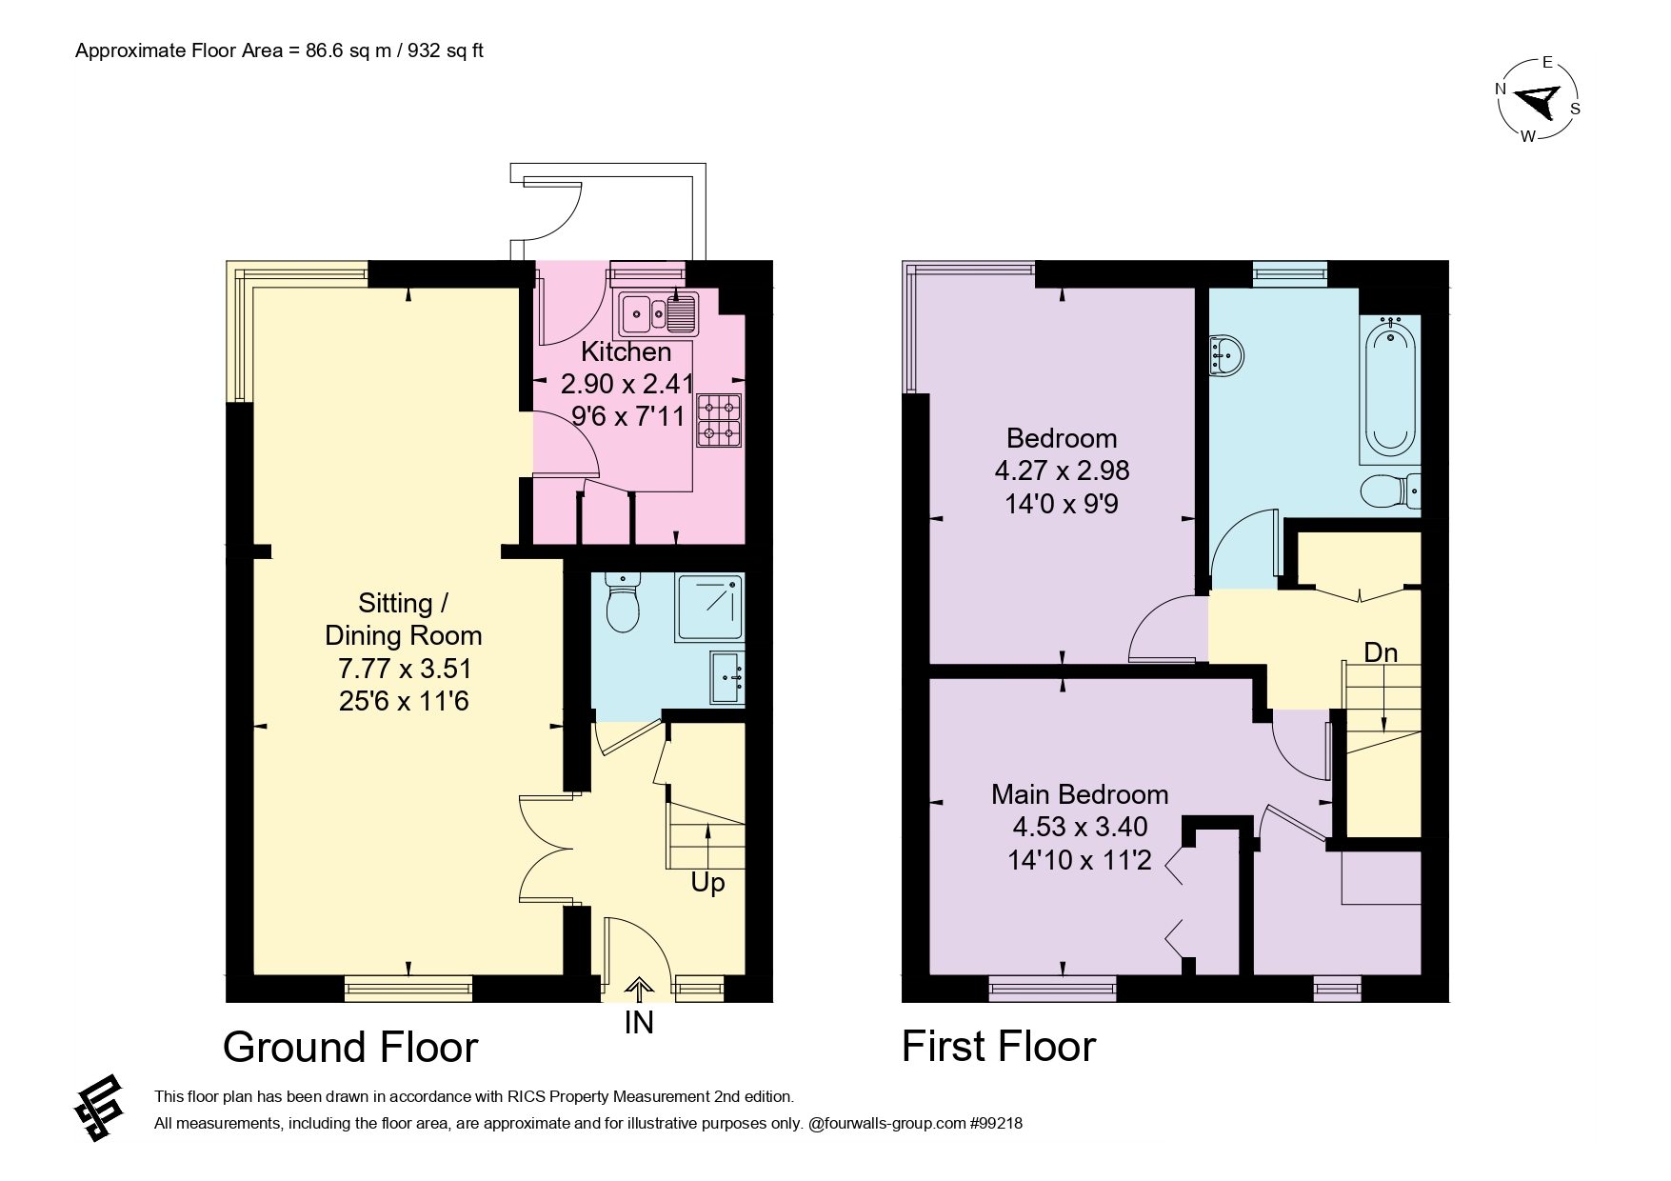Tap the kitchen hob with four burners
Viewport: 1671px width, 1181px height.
(719, 421)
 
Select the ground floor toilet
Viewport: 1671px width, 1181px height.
(624, 603)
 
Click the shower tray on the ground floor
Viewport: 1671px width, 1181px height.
(710, 607)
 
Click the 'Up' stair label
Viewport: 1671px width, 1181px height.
(707, 884)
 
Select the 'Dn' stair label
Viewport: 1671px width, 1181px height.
(1381, 652)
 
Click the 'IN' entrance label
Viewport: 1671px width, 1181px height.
(639, 1023)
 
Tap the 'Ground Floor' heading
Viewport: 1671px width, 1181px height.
(350, 1048)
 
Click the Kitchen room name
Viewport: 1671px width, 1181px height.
(627, 352)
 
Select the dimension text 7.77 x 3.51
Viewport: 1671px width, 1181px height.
(405, 669)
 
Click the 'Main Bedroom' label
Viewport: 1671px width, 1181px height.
(1080, 794)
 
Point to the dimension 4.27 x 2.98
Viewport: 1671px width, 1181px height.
(1062, 470)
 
